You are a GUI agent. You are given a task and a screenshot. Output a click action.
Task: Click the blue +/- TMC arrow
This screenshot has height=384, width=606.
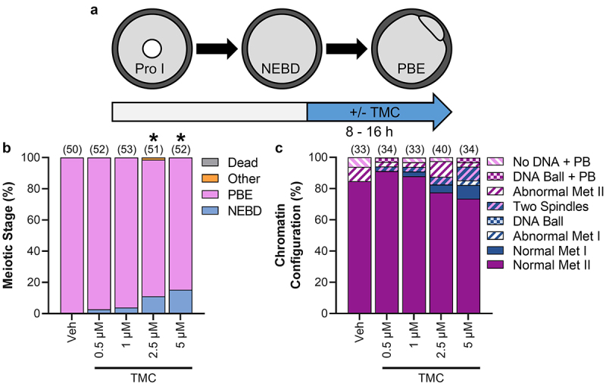coord(379,112)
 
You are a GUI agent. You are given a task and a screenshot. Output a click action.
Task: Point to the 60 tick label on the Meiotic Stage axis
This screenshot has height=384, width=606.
coord(47,220)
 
